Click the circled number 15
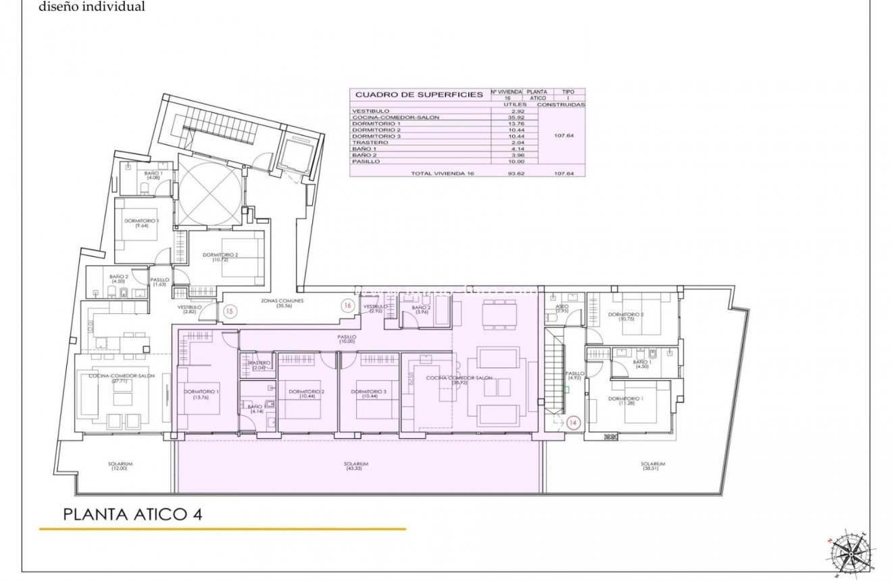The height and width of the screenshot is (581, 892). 230,312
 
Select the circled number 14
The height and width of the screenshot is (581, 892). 574,423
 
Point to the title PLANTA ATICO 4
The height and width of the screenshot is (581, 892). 132,514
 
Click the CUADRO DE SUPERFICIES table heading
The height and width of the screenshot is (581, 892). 419,95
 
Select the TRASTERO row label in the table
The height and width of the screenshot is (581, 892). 370,143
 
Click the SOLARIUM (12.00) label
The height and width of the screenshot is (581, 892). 120,466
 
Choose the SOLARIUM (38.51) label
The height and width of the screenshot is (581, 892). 653,466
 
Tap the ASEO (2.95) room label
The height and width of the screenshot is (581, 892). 561,308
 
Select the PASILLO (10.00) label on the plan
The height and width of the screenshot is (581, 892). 347,339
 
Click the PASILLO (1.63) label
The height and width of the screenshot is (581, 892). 160,282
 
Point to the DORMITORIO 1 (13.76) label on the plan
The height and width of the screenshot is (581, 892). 201,394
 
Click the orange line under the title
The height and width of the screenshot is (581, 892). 222,529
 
